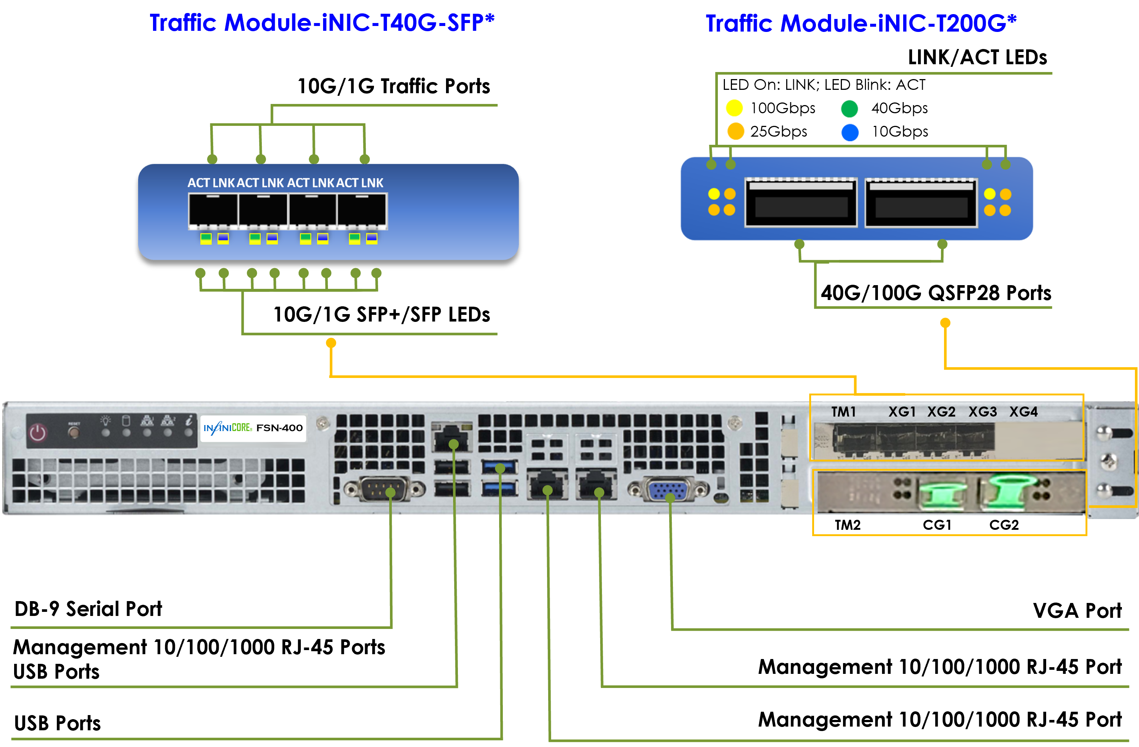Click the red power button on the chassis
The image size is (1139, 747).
38,433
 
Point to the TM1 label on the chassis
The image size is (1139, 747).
843,412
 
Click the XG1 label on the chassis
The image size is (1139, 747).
902,412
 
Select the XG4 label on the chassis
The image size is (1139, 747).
1023,412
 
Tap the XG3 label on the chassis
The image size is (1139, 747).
983,412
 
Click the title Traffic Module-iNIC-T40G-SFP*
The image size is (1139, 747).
322,23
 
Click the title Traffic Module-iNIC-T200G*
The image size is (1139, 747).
860,24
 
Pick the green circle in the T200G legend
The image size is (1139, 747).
849,109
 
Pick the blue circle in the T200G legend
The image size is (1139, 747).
850,133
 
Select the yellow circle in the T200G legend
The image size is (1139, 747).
734,108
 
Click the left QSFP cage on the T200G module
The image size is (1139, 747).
801,202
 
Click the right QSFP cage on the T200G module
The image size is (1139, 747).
921,202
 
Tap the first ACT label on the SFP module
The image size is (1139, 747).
199,183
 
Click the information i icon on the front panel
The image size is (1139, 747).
189,421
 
